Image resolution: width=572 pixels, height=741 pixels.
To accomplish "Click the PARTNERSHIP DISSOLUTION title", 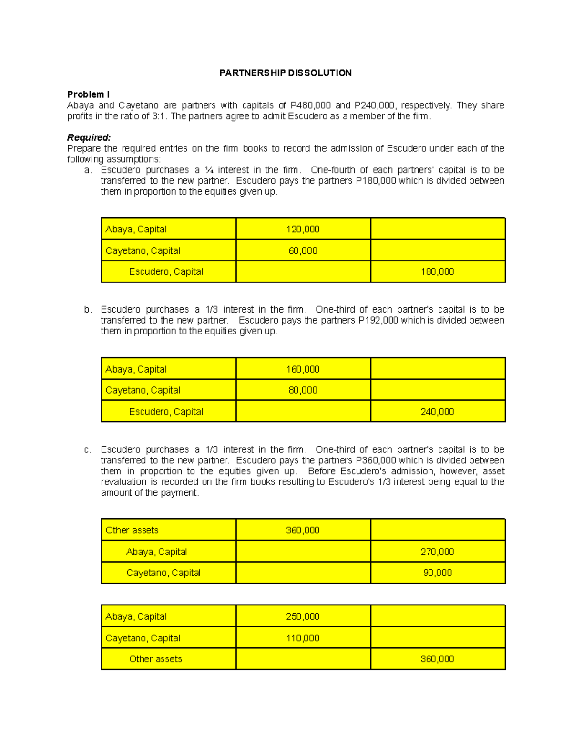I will click(x=285, y=73).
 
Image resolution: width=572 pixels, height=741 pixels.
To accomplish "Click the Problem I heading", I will click(x=88, y=94).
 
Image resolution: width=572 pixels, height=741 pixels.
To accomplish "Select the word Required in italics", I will click(x=89, y=137).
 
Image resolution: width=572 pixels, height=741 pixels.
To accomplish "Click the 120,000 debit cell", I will click(x=303, y=229).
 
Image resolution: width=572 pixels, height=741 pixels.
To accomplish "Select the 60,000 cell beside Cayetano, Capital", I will click(x=303, y=250).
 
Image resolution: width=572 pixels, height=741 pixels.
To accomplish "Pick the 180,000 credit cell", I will click(x=437, y=271).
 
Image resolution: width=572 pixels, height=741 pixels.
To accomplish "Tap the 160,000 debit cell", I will click(x=303, y=369).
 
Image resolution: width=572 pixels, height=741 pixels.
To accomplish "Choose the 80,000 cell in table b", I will click(x=303, y=390).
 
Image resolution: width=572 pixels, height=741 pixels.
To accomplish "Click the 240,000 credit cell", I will click(x=437, y=412).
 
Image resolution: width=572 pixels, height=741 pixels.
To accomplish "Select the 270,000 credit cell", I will click(x=437, y=552).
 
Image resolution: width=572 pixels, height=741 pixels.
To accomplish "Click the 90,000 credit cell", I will click(x=437, y=573).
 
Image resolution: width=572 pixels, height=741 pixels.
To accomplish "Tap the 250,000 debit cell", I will click(x=303, y=616).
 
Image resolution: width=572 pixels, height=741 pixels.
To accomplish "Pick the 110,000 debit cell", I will click(x=303, y=638).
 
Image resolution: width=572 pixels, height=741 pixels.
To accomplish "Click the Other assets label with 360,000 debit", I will click(x=132, y=530).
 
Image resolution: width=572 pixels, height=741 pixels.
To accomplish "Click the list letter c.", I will click(x=87, y=449).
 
